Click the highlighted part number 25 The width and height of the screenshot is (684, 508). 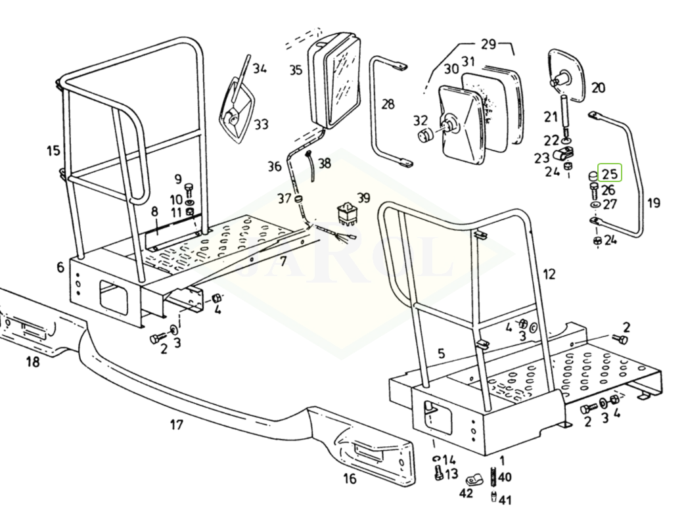[x=609, y=174]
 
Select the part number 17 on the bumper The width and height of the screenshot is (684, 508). [x=176, y=425]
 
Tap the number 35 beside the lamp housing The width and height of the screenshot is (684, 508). [x=295, y=70]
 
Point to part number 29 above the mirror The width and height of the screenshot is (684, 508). [x=488, y=45]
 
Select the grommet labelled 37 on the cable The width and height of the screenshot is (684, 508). [x=299, y=198]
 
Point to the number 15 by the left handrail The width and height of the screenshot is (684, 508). [x=53, y=151]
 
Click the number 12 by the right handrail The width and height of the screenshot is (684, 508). [x=549, y=273]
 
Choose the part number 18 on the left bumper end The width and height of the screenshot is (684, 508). [x=32, y=361]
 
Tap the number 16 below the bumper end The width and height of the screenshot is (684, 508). [x=350, y=478]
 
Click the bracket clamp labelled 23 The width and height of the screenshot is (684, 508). [x=562, y=156]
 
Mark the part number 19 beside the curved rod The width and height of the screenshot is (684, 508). [x=653, y=203]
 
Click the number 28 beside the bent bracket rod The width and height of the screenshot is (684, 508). [x=388, y=103]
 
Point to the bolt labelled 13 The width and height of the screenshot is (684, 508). [x=438, y=472]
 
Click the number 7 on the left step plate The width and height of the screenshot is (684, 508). [x=283, y=262]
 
